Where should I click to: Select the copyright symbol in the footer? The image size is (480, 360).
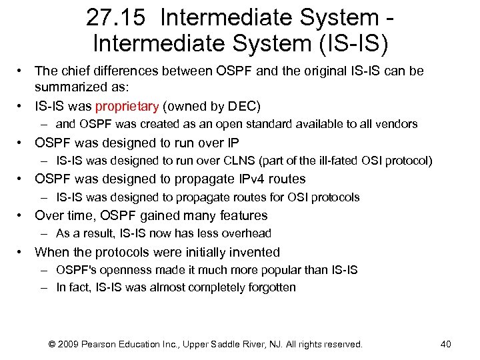pos(53,345)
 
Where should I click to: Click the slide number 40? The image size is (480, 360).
pos(446,345)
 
